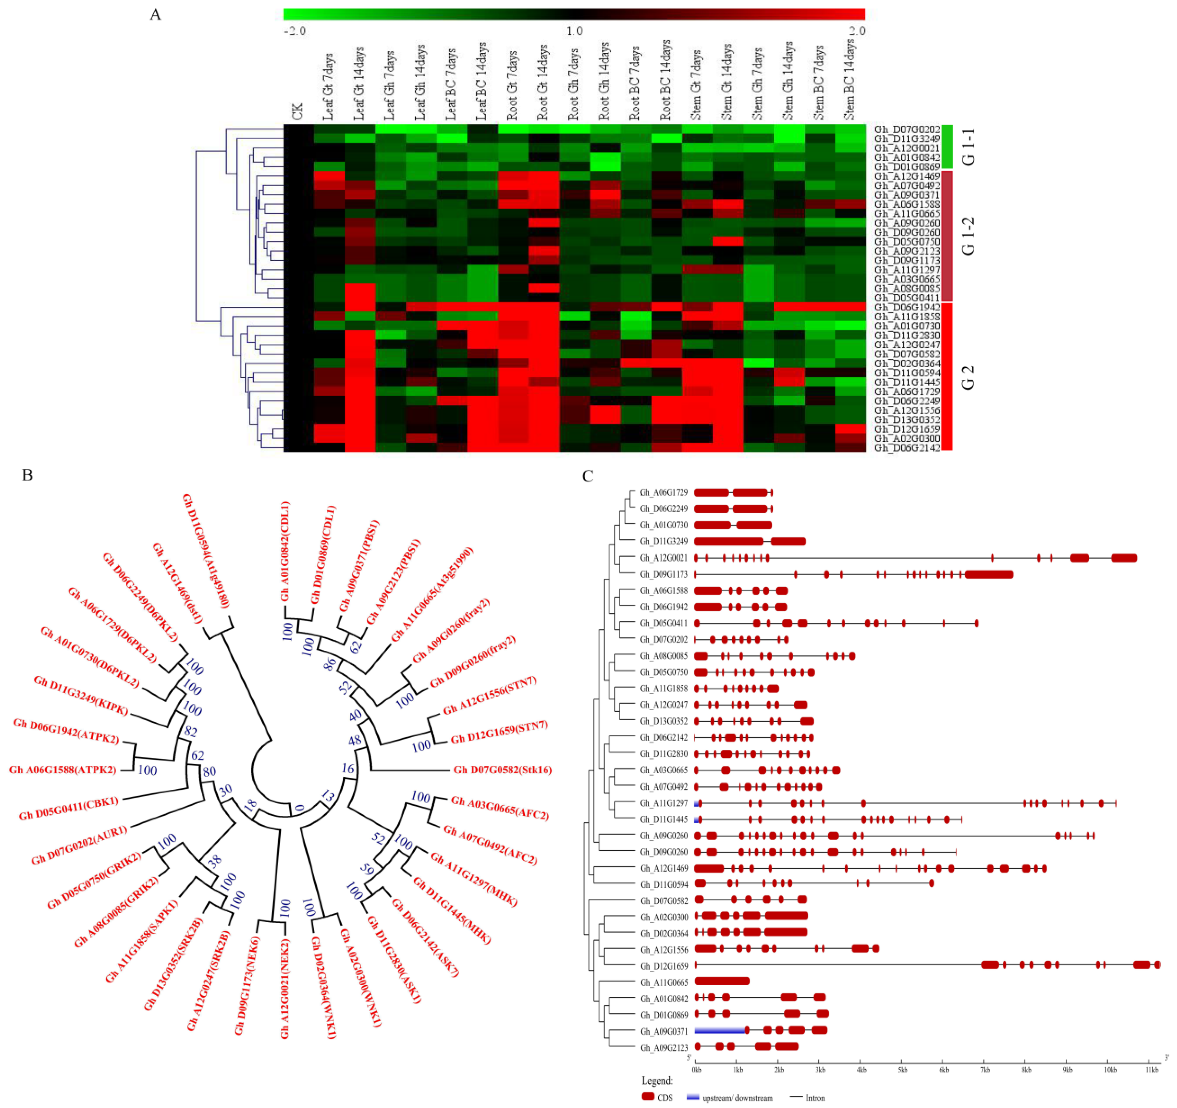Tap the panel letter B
(x=27, y=475)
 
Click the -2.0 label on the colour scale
(x=295, y=31)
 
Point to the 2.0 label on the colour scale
(x=857, y=31)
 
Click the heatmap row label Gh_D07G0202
(x=906, y=129)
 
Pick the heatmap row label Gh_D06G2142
(x=906, y=448)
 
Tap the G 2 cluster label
(x=967, y=377)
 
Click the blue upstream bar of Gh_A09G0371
(x=719, y=1031)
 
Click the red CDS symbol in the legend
(x=648, y=1097)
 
